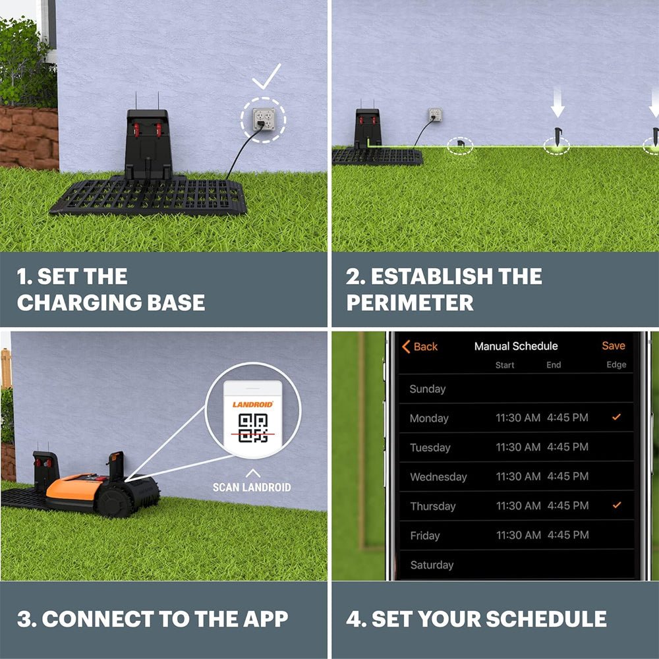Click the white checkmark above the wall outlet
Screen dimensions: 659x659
[x=266, y=78]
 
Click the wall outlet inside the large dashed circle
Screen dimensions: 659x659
[x=263, y=119]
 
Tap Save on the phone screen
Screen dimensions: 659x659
[x=613, y=345]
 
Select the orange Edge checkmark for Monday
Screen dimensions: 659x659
[x=616, y=417]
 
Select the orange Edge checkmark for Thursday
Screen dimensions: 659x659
[x=616, y=505]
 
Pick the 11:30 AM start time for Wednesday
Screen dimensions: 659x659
[x=518, y=476]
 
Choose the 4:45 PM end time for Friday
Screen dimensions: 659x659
[x=567, y=534]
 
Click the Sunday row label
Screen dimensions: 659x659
[x=427, y=389]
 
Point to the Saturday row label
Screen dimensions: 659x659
[x=432, y=565]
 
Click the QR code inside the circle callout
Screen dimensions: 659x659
[x=252, y=428]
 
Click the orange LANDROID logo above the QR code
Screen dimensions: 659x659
[x=252, y=404]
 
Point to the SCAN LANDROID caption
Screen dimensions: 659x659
[x=251, y=488]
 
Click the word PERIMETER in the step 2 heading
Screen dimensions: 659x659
[x=409, y=302]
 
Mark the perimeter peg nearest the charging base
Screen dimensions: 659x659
[x=460, y=144]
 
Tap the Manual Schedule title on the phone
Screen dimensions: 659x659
[x=516, y=346]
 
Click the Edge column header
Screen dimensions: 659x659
[x=616, y=364]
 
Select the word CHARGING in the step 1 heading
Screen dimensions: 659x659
[x=73, y=302]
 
